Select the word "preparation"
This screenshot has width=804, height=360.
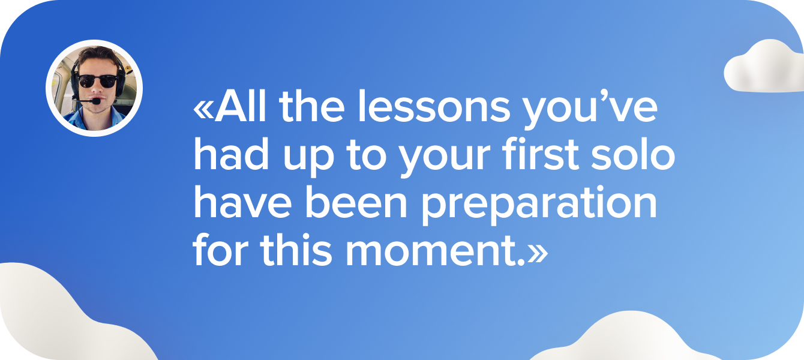pos(538,206)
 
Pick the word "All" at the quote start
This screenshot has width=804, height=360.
pos(243,110)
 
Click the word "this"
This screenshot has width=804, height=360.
pos(295,252)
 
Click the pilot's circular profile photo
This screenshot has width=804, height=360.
pos(94,88)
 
